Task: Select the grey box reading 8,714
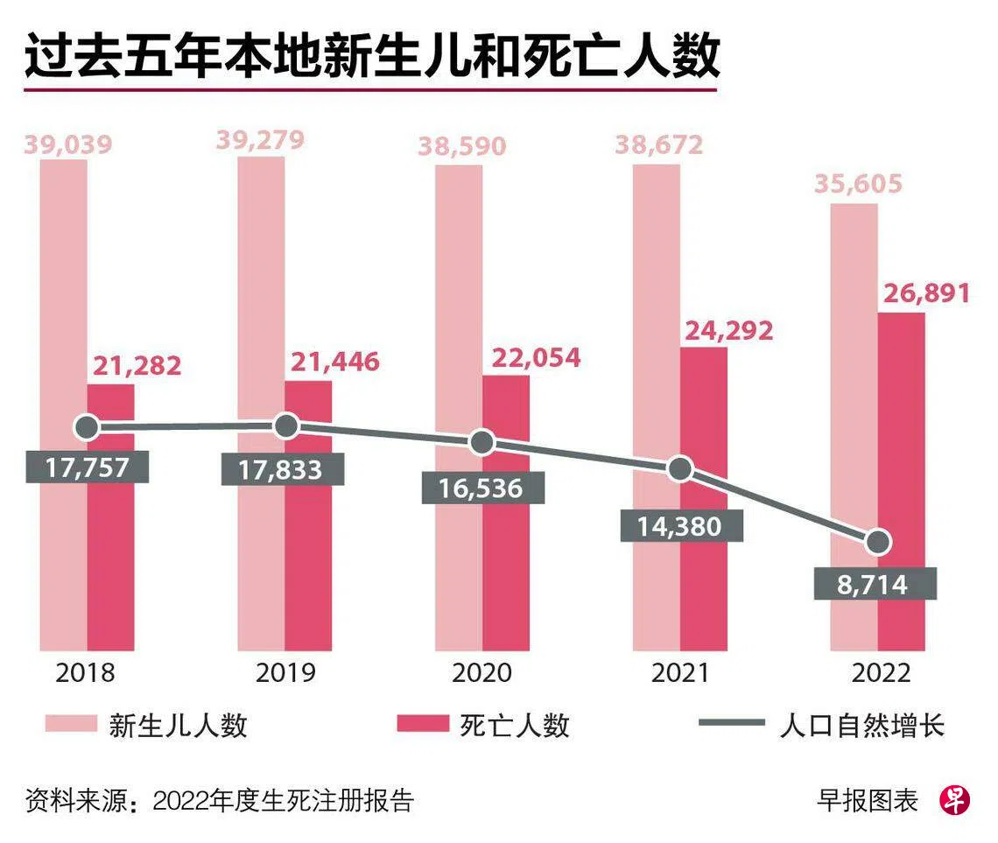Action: click(x=875, y=584)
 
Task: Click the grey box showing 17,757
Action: click(x=88, y=466)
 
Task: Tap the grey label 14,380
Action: click(x=681, y=525)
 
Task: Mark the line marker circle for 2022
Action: click(x=878, y=543)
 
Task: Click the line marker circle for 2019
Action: click(x=286, y=426)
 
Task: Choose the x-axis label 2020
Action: click(x=481, y=673)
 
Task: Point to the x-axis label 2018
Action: click(x=86, y=673)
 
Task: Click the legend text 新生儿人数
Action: click(x=178, y=725)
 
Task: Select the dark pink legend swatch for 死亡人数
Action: click(x=423, y=725)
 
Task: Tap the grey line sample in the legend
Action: click(x=731, y=725)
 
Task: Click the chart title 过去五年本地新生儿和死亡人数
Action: click(x=372, y=57)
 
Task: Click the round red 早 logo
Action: click(x=955, y=800)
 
